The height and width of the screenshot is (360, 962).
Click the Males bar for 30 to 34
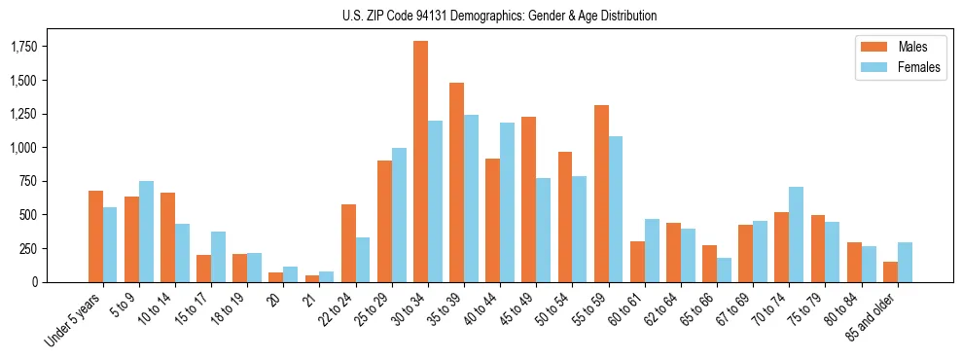pyautogui.click(x=420, y=162)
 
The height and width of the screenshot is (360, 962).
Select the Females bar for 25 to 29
pyautogui.click(x=399, y=215)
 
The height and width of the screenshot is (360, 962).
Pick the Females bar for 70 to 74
pyautogui.click(x=796, y=234)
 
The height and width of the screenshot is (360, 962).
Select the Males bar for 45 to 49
pyautogui.click(x=529, y=199)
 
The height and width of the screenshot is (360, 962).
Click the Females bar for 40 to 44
pyautogui.click(x=507, y=202)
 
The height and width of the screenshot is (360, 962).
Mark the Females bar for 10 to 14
pyautogui.click(x=182, y=253)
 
